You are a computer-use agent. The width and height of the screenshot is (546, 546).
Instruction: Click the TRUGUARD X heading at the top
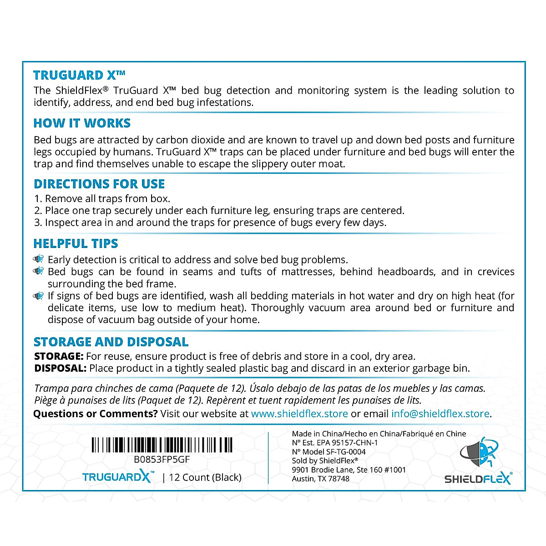coord(79,75)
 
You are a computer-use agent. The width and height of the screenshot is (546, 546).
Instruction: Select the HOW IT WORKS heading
coord(82,123)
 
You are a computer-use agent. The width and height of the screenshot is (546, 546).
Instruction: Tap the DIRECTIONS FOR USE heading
coord(99,184)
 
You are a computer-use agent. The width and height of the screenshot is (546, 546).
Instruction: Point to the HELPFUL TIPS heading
coord(76,243)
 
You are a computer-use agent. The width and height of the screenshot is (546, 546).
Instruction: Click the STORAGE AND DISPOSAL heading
coord(111,342)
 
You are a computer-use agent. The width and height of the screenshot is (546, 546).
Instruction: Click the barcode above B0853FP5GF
coord(162,445)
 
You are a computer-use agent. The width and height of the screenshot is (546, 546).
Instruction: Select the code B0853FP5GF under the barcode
coord(162,460)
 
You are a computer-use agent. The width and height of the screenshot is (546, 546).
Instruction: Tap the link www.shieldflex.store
coord(299,414)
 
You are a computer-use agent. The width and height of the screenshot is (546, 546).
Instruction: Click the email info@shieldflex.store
coord(440,414)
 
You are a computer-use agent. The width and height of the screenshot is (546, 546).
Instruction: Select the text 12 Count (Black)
coord(205,477)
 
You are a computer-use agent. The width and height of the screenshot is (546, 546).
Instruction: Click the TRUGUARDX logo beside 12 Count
coord(117,477)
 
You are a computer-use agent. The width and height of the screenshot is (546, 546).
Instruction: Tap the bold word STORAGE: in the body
coord(59,356)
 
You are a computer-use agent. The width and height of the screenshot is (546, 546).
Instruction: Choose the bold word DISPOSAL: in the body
coord(60,368)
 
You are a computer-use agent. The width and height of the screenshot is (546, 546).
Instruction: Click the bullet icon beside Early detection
coord(39,259)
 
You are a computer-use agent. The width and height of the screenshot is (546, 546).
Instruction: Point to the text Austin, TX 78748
coord(321,479)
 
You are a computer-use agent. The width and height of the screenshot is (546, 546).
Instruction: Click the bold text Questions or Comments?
coord(96,414)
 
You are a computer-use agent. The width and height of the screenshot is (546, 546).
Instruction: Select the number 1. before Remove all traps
coord(38,199)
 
